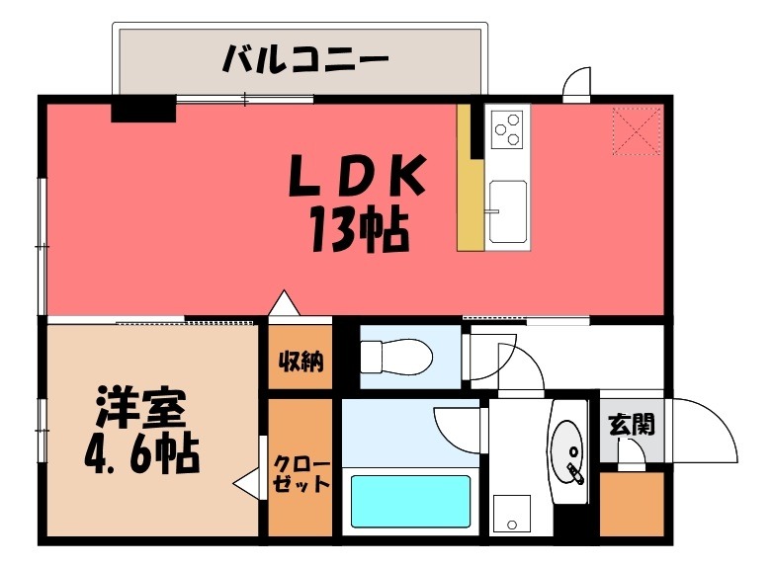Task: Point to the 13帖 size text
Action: point(358,231)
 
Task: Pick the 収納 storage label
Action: point(300,360)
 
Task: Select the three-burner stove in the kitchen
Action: point(508,126)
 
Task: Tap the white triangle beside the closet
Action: point(245,485)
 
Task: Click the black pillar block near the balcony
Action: point(142,108)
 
